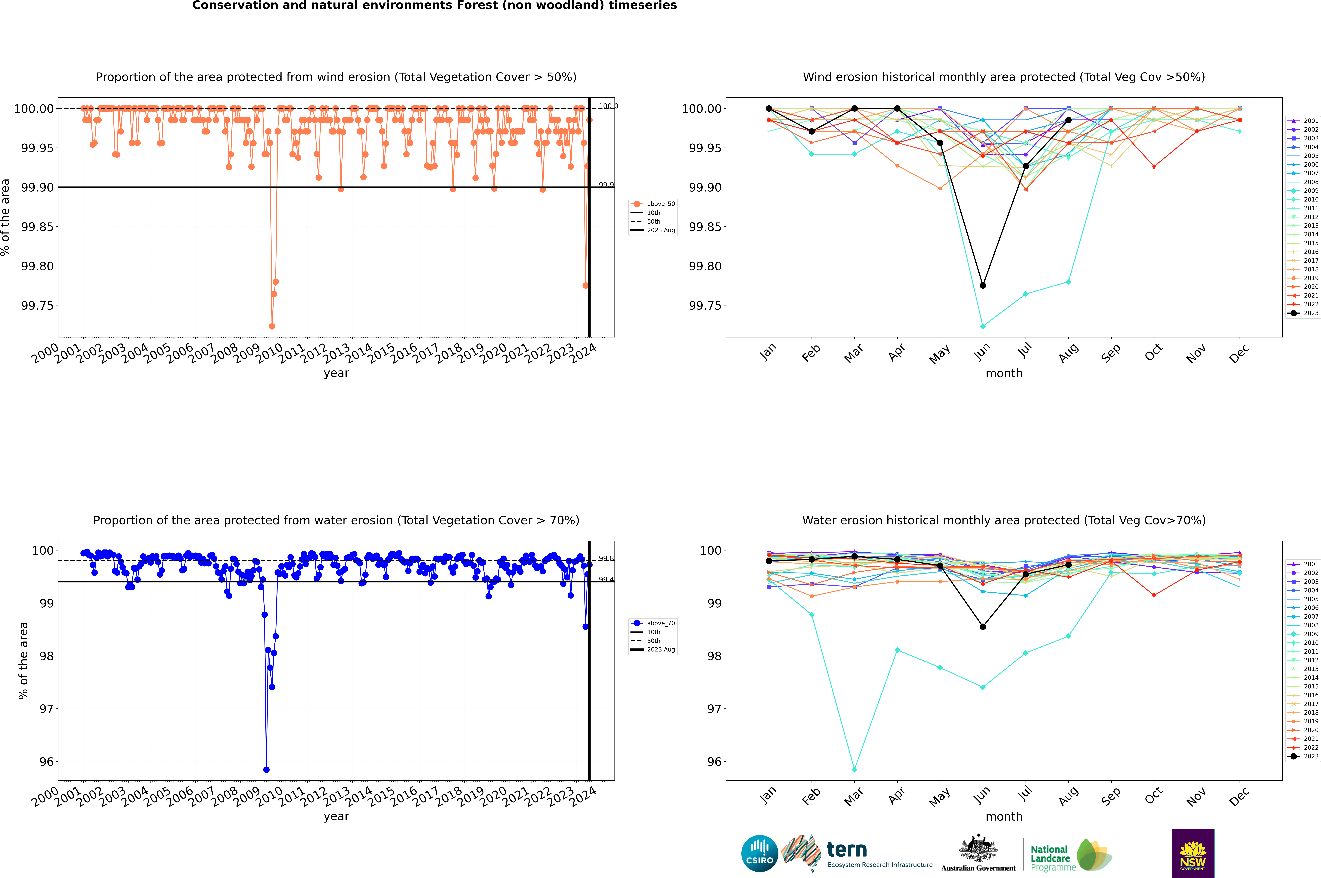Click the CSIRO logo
[759, 854]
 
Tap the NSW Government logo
[1193, 853]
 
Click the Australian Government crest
[978, 851]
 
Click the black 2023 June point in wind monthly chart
[983, 286]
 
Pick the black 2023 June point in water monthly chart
[983, 627]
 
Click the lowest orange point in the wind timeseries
[272, 326]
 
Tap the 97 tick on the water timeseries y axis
[46, 709]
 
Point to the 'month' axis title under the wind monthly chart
[1004, 374]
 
